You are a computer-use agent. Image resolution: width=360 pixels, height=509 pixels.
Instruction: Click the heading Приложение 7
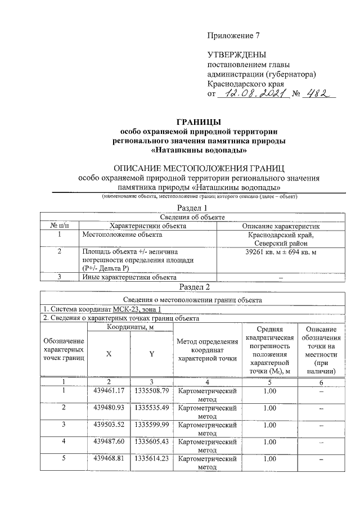233,35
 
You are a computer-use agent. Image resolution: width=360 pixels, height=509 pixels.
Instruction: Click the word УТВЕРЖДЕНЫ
236,56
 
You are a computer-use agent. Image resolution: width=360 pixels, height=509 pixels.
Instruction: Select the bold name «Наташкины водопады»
199,151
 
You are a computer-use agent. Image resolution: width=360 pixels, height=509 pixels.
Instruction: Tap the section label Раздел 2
195,287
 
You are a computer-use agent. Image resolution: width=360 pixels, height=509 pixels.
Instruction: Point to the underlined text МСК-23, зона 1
137,309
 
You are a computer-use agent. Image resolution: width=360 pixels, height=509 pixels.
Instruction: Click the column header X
109,353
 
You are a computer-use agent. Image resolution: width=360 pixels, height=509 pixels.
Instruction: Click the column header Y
151,353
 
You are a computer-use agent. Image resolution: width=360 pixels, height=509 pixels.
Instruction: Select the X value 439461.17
109,390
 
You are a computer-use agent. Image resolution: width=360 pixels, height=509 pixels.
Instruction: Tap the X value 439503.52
109,425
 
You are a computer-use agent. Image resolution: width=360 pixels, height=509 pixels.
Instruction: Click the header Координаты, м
130,326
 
